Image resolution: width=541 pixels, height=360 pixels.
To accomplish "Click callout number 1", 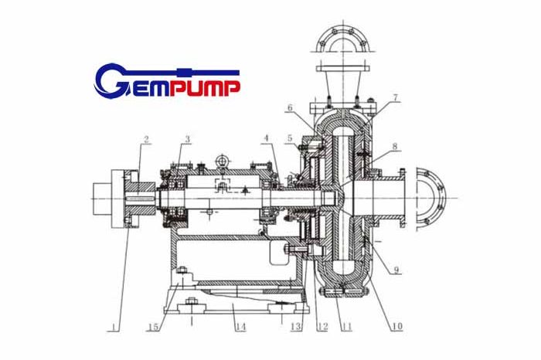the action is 115,327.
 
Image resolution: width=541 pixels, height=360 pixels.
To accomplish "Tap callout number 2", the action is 146,139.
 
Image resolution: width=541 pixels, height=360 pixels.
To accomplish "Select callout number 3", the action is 187,139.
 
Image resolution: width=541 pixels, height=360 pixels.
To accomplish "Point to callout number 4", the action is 266,138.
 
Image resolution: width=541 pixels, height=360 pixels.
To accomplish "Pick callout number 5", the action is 290,138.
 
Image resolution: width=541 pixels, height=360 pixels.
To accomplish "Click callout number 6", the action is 290,107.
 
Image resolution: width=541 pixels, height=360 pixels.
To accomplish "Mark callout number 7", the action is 395,97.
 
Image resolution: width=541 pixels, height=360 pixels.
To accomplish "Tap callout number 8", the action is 395,146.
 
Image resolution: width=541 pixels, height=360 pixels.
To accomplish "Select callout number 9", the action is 396,270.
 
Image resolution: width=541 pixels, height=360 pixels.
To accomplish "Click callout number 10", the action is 397,326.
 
